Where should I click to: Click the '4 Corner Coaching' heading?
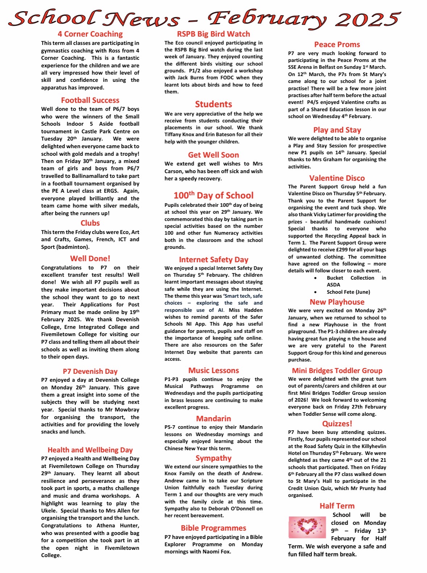coord(90,34)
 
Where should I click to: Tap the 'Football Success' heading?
coord(90,100)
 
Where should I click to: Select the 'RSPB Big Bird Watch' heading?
coord(213,34)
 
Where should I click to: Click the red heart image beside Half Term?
coord(307,527)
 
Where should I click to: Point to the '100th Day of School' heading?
coord(213,196)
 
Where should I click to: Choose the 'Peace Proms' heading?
coord(337,45)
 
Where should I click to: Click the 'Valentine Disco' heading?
coord(337,178)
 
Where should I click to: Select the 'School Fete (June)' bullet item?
coord(348,292)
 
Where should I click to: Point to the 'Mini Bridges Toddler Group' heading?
coord(337,371)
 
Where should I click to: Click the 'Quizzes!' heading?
coord(337,424)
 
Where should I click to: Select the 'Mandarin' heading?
coord(213,419)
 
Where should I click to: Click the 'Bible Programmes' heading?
coord(213,528)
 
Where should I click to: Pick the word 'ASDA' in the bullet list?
coord(333,285)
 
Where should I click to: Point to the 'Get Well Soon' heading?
coord(213,155)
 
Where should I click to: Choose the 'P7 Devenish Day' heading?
coord(90,371)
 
